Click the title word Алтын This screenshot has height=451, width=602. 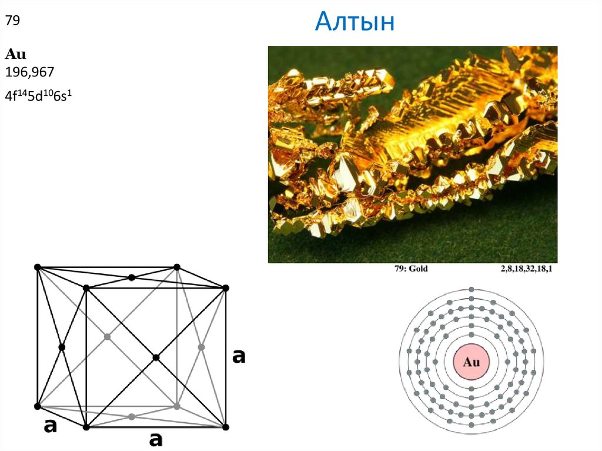point(354,22)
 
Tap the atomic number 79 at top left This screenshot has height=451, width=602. point(13,21)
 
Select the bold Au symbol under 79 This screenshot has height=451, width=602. point(15,55)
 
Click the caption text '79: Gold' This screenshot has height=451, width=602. point(411,269)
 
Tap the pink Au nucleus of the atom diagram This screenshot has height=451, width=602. point(471,362)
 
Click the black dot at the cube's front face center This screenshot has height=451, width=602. point(156,358)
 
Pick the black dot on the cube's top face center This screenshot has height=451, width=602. point(132,278)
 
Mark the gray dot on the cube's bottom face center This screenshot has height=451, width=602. point(132,416)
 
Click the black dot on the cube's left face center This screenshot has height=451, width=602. point(62,347)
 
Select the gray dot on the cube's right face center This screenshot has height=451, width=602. point(201,347)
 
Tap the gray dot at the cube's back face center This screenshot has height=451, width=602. point(107,336)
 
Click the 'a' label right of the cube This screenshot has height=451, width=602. point(239,356)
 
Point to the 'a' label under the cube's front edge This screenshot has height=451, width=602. point(155,439)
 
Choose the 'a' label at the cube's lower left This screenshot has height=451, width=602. point(51,426)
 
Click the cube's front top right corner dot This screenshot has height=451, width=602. point(225,288)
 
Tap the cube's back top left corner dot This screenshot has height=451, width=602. point(38,267)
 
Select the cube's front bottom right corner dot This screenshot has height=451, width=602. point(225,427)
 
